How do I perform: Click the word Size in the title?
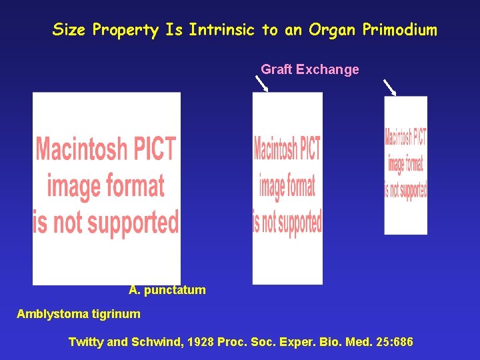pyautogui.click(x=69, y=30)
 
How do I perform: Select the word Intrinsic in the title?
pyautogui.click(x=223, y=30)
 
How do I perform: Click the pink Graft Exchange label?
pyautogui.click(x=310, y=69)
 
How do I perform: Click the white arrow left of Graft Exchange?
pyautogui.click(x=261, y=83)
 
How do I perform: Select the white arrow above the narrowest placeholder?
pyautogui.click(x=389, y=87)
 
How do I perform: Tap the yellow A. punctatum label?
pyautogui.click(x=167, y=291)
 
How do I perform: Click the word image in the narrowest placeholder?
pyautogui.click(x=395, y=164)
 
